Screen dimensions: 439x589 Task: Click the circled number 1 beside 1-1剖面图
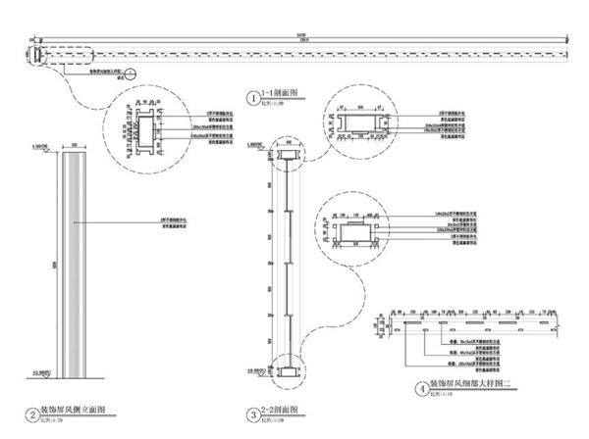(x=252, y=98)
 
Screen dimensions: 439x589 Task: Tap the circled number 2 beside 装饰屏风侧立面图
(x=32, y=413)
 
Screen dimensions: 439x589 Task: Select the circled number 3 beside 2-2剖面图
(x=252, y=413)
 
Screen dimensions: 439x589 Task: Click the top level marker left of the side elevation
(x=40, y=150)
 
